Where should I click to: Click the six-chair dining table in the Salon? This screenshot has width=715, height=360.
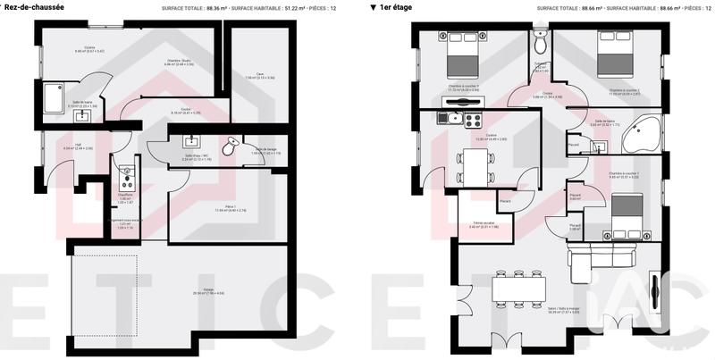click(x=519, y=288)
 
